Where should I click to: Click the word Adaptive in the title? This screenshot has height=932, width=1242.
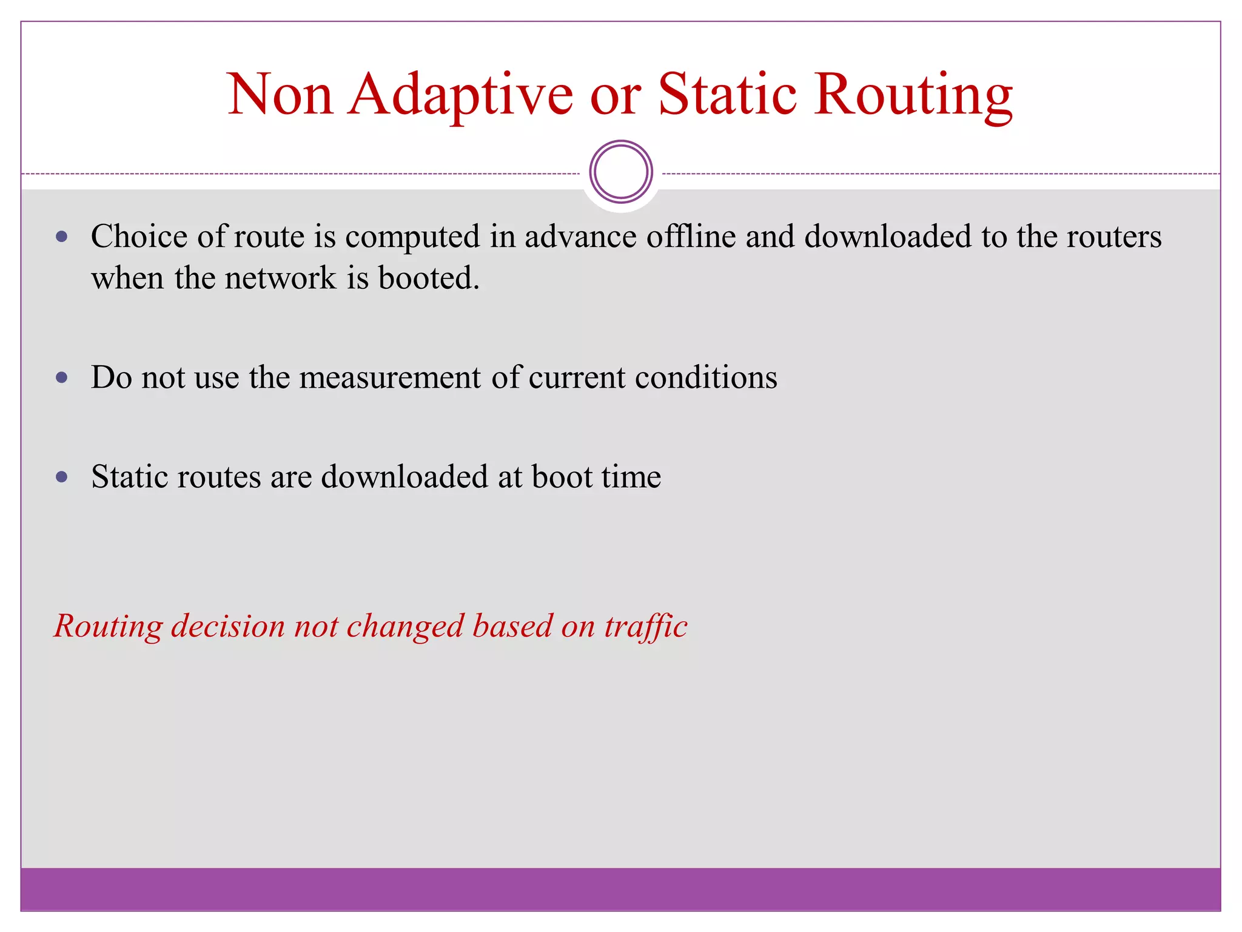(x=460, y=95)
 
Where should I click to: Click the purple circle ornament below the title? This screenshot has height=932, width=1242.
(x=621, y=172)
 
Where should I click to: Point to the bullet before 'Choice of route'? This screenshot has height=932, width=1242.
(x=61, y=237)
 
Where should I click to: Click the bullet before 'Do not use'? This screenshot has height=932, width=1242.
(x=61, y=377)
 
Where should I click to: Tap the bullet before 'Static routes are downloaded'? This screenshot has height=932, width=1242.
(x=61, y=477)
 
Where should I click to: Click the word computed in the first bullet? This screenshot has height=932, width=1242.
(x=412, y=237)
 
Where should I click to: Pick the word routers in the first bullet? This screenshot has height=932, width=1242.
(x=1114, y=236)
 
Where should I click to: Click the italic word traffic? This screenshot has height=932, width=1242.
(x=645, y=626)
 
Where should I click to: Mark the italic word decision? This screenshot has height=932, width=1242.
(x=228, y=626)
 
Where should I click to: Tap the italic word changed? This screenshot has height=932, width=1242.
(x=405, y=626)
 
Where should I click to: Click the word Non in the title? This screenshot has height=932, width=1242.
(x=280, y=95)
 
